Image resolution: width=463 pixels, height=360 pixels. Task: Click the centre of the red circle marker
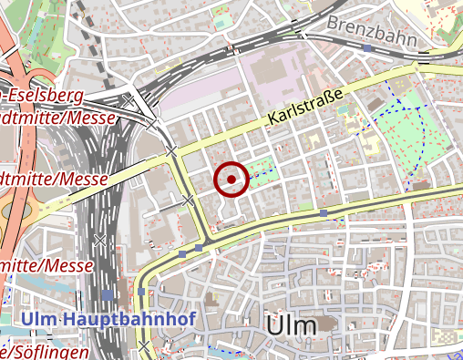[x=231, y=179]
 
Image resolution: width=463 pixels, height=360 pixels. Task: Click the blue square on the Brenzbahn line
[x=366, y=47]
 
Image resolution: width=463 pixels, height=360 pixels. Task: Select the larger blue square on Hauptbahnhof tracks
[x=108, y=294]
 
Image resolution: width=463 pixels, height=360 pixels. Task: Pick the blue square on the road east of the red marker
[x=324, y=212]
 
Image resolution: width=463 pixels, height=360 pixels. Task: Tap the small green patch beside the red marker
[x=262, y=170]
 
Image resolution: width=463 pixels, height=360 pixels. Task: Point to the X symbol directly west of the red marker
[x=189, y=199]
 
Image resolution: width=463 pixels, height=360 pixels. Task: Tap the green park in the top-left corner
[x=36, y=36]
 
